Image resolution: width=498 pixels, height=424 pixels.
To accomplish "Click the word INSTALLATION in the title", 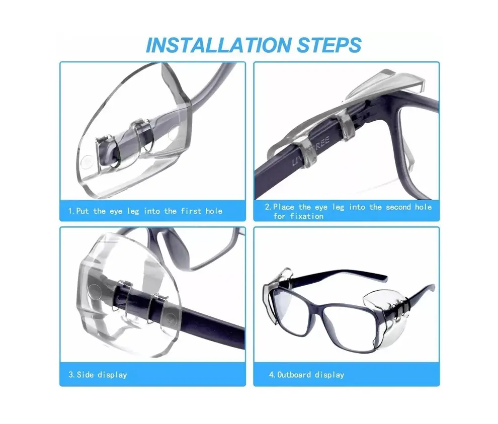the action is pos(218,45).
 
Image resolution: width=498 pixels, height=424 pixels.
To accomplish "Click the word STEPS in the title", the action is pos(329,45).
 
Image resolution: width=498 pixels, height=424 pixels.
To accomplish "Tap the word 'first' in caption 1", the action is pos(191,211).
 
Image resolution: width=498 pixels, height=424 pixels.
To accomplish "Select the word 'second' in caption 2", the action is pos(398,207).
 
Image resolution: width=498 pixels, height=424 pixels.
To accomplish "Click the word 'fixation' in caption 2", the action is pos(306,216).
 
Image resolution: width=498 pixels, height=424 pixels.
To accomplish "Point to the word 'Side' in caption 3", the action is pos(85,375).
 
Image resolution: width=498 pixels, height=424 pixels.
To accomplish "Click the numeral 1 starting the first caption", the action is pos(70,211).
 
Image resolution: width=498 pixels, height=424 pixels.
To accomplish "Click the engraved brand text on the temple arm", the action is pos(310,150).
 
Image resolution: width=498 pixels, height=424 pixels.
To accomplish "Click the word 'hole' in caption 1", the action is pos(214,211).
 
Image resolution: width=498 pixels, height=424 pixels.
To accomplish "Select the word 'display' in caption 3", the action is pos(113,375).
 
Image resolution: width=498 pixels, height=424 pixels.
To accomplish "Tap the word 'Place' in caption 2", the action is pos(284,207).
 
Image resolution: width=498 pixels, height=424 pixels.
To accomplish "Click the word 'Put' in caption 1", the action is pos(82,211).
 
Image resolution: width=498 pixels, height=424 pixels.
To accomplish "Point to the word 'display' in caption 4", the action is pos(329,375).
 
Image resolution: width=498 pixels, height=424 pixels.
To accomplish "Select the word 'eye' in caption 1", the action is pos(116,212).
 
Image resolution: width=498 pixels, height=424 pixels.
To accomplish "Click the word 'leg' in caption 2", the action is pos(338,208).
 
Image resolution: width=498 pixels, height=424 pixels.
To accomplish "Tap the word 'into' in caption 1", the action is pos(152,211).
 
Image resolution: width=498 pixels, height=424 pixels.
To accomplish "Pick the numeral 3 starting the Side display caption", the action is pos(71,375).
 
